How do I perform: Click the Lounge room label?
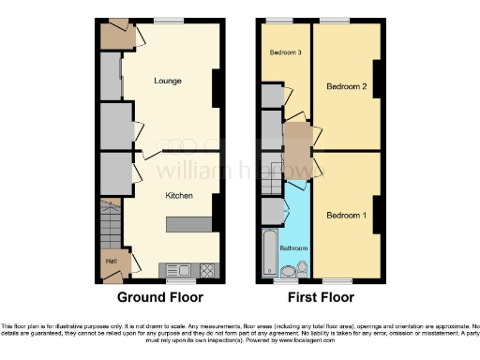point(168,82)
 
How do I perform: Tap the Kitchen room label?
point(179,196)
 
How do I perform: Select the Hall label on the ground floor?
point(110,261)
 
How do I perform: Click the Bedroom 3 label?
point(285,52)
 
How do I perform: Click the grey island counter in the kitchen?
point(190,225)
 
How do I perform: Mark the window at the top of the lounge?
point(169,21)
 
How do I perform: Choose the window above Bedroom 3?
point(277,21)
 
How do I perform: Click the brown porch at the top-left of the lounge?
point(118,36)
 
